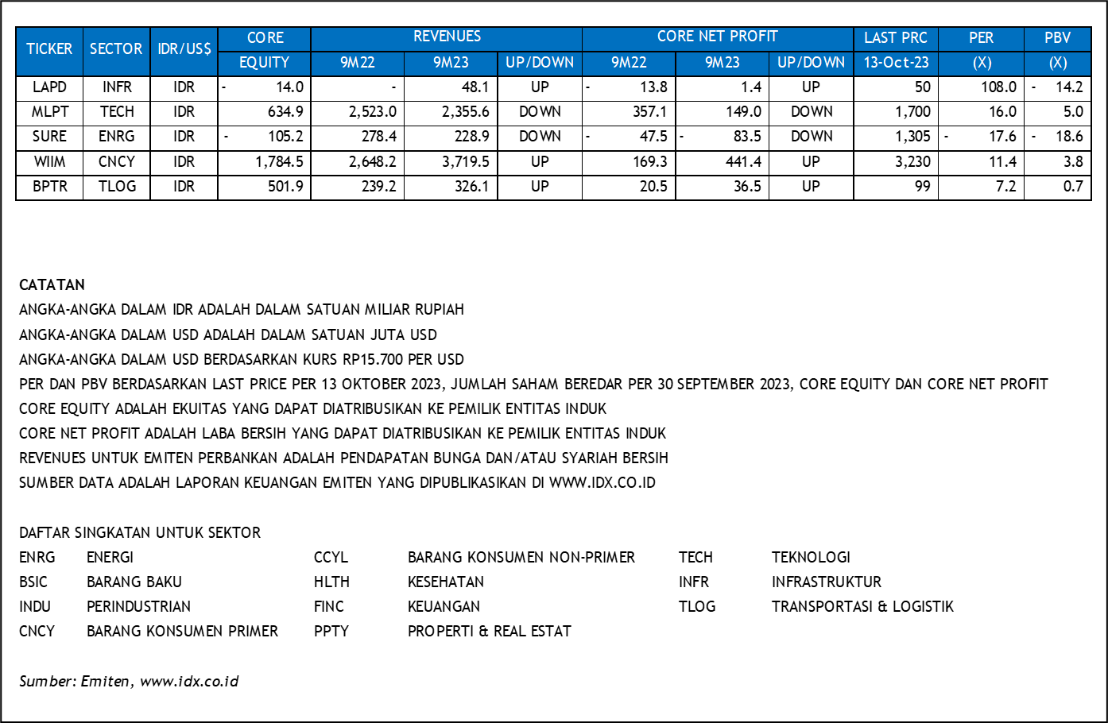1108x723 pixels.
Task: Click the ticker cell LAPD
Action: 49,87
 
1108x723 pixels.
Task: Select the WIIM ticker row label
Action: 49,162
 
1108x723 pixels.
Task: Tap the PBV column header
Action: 1057,38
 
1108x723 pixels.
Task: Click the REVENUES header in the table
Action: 447,37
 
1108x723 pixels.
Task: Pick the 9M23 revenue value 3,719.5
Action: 466,162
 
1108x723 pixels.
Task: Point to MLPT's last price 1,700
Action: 912,112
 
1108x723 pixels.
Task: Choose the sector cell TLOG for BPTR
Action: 117,187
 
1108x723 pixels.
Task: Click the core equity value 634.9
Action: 285,112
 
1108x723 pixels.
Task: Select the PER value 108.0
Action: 998,87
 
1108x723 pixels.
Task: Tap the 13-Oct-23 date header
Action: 896,63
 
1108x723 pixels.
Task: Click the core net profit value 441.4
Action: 743,162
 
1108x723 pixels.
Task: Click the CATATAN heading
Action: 52,284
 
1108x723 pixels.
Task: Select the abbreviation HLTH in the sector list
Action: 331,582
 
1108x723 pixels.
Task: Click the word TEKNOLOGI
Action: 811,557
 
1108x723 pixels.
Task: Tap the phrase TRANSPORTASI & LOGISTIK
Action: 862,606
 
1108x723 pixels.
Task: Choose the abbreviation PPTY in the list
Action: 331,631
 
